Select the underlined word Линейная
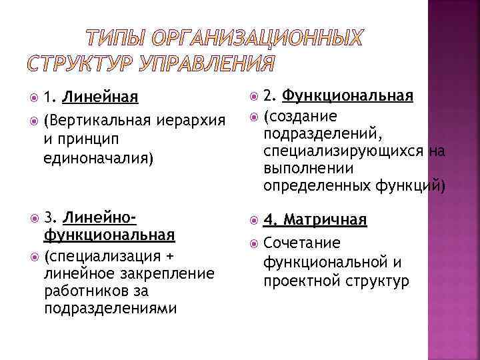point(101,98)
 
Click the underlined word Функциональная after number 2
point(347,96)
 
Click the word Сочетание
point(302,243)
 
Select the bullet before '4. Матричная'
point(250,220)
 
